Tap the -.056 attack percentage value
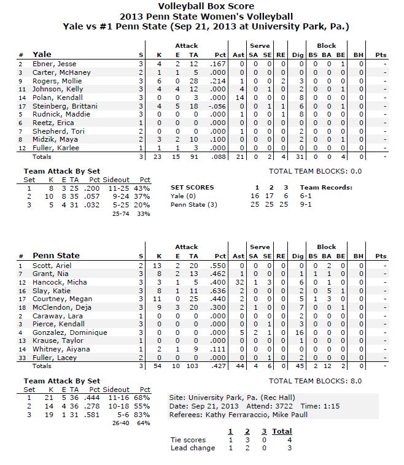coord(217,106)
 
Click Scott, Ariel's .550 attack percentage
coord(219,265)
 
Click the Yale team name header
coord(42,54)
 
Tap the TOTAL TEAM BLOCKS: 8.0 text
coord(315,381)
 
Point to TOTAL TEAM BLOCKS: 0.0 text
coord(315,171)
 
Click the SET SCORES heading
coord(192,188)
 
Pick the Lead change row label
coord(193,448)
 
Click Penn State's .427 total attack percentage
coord(219,366)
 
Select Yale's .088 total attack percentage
coord(219,157)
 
